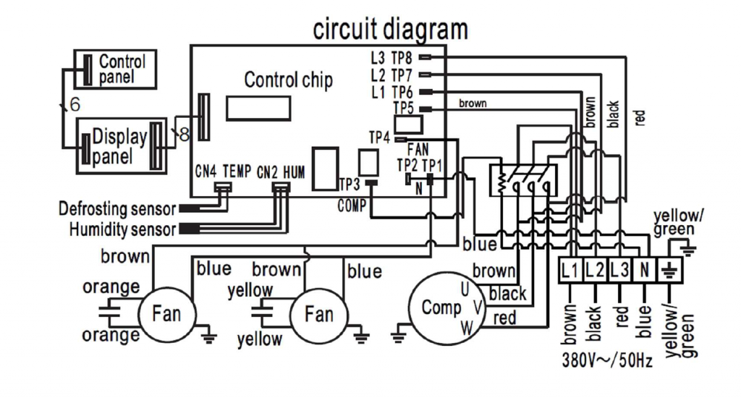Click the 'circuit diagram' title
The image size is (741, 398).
tap(390, 30)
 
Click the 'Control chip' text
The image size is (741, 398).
tap(288, 80)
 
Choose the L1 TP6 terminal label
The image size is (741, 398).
tap(391, 92)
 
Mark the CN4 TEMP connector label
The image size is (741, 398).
tap(223, 172)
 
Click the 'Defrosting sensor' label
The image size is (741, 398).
tap(117, 209)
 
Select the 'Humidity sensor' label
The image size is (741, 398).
tap(122, 230)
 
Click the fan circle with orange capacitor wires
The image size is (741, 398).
tap(167, 314)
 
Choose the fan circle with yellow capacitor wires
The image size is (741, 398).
tap(318, 314)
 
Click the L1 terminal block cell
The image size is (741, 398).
tap(570, 271)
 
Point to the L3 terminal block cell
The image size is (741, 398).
tap(619, 271)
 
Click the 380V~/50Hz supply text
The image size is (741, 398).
tap(606, 360)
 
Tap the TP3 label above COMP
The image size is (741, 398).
tap(349, 184)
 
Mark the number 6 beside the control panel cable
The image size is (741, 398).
tap(75, 105)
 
